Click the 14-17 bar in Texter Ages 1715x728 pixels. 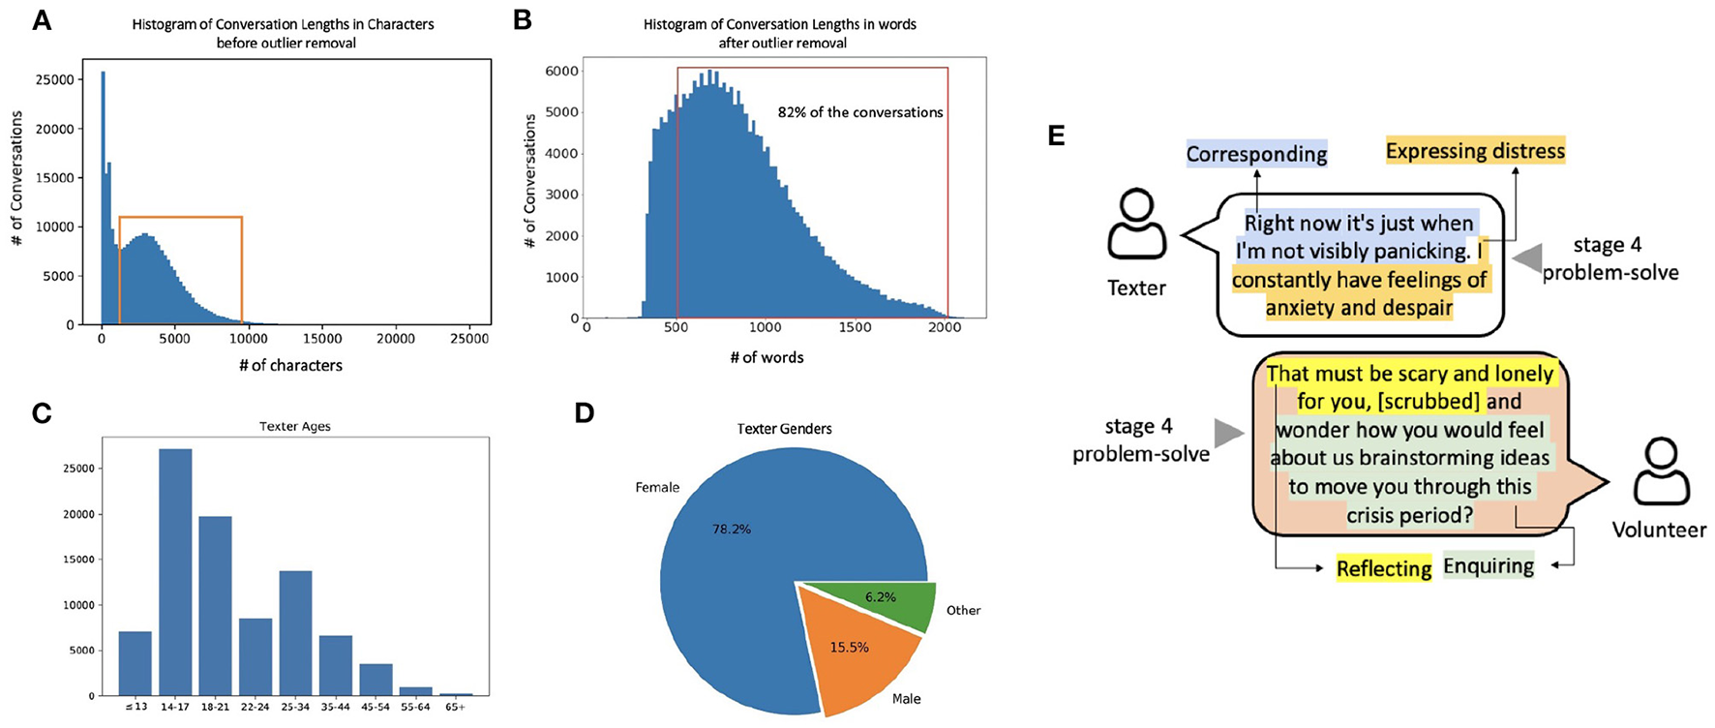click(175, 571)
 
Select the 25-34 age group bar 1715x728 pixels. click(295, 633)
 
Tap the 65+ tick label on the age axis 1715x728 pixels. click(455, 708)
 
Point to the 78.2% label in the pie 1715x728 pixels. click(731, 530)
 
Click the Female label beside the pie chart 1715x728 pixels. click(657, 488)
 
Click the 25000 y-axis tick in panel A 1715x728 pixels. click(54, 80)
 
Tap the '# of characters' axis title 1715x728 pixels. click(290, 366)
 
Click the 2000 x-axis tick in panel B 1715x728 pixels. click(945, 328)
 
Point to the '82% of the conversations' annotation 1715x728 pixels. click(860, 112)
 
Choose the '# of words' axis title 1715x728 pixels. click(767, 358)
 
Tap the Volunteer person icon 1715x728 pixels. click(1661, 472)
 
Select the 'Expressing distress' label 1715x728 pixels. click(1475, 152)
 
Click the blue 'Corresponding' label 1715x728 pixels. click(1256, 155)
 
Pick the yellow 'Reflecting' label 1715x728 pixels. click(1384, 569)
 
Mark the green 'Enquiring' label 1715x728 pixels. click(1489, 566)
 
